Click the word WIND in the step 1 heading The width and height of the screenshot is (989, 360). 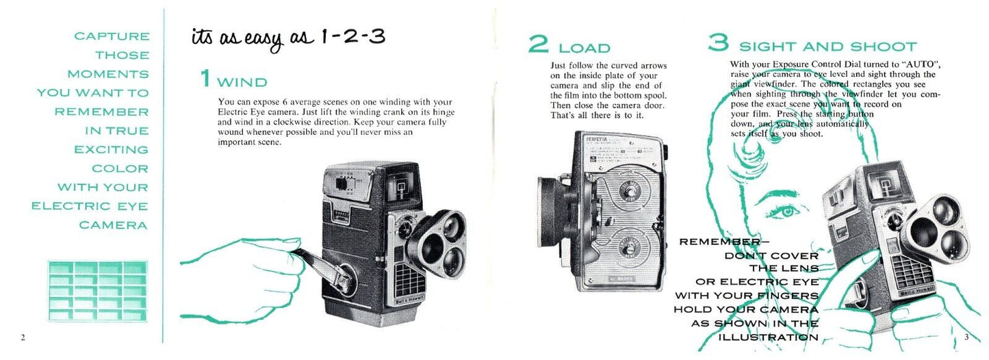click(242, 82)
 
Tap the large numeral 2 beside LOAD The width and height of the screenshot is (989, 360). click(538, 44)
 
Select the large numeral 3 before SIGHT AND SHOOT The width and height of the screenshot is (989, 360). click(719, 42)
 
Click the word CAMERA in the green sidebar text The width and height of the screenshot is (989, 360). click(113, 225)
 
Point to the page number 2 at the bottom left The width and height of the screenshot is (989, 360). click(23, 338)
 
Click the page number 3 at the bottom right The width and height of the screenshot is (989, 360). click(966, 337)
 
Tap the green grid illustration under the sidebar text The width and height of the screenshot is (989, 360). click(98, 291)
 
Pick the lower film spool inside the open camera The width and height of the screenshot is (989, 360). click(627, 248)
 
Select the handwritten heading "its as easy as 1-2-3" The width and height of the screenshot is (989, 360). click(288, 39)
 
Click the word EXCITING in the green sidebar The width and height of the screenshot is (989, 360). click(112, 150)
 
